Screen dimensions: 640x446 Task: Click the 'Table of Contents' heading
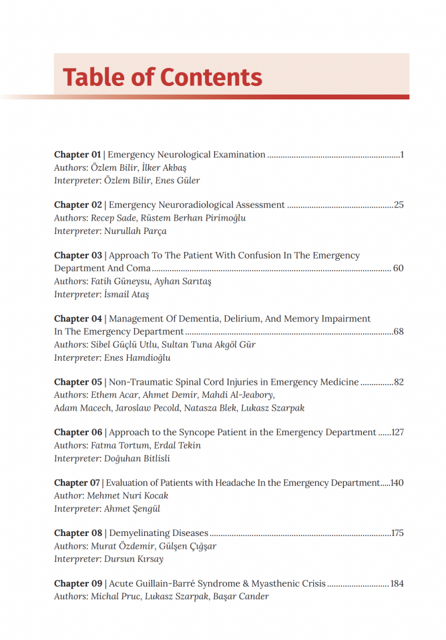coord(162,77)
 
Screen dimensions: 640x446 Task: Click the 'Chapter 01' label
coord(77,155)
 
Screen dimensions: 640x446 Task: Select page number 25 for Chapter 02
coord(399,205)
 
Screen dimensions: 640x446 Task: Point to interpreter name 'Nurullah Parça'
coord(136,231)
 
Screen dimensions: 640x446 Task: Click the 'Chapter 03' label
coord(78,255)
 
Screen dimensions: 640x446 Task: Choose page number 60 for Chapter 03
coord(399,268)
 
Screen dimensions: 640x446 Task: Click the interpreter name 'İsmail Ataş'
coord(127,295)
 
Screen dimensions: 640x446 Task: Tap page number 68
coord(399,331)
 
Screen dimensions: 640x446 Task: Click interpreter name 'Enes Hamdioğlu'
coord(138,358)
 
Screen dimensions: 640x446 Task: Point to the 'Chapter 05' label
coord(78,382)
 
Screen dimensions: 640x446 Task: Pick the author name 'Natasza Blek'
coord(224,408)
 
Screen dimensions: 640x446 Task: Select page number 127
coord(398,432)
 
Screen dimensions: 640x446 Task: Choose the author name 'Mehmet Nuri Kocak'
coord(128,496)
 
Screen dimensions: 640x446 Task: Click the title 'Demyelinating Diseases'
coord(159,533)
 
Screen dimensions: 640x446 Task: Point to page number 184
coord(397,583)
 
